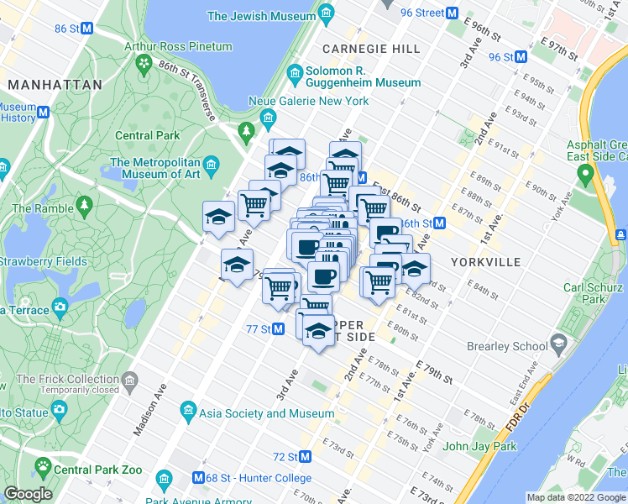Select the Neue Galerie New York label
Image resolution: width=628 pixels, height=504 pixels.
pos(319,101)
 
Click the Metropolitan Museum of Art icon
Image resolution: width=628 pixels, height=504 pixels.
pos(212,162)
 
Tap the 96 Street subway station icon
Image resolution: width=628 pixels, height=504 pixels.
pos(452,13)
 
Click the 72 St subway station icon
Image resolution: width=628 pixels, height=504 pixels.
pos(306,457)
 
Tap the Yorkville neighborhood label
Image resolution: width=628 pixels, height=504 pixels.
pos(484,261)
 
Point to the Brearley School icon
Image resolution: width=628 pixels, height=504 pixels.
pos(558,345)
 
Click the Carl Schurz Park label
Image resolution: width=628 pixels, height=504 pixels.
pos(593,293)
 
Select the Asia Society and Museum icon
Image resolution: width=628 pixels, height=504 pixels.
pos(188,412)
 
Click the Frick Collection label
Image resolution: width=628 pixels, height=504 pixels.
pos(67,379)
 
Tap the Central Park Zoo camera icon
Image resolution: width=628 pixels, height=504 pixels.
pos(59,409)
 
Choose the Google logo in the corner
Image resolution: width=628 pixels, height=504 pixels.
pos(28,493)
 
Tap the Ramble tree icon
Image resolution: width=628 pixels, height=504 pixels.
pos(83,204)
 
